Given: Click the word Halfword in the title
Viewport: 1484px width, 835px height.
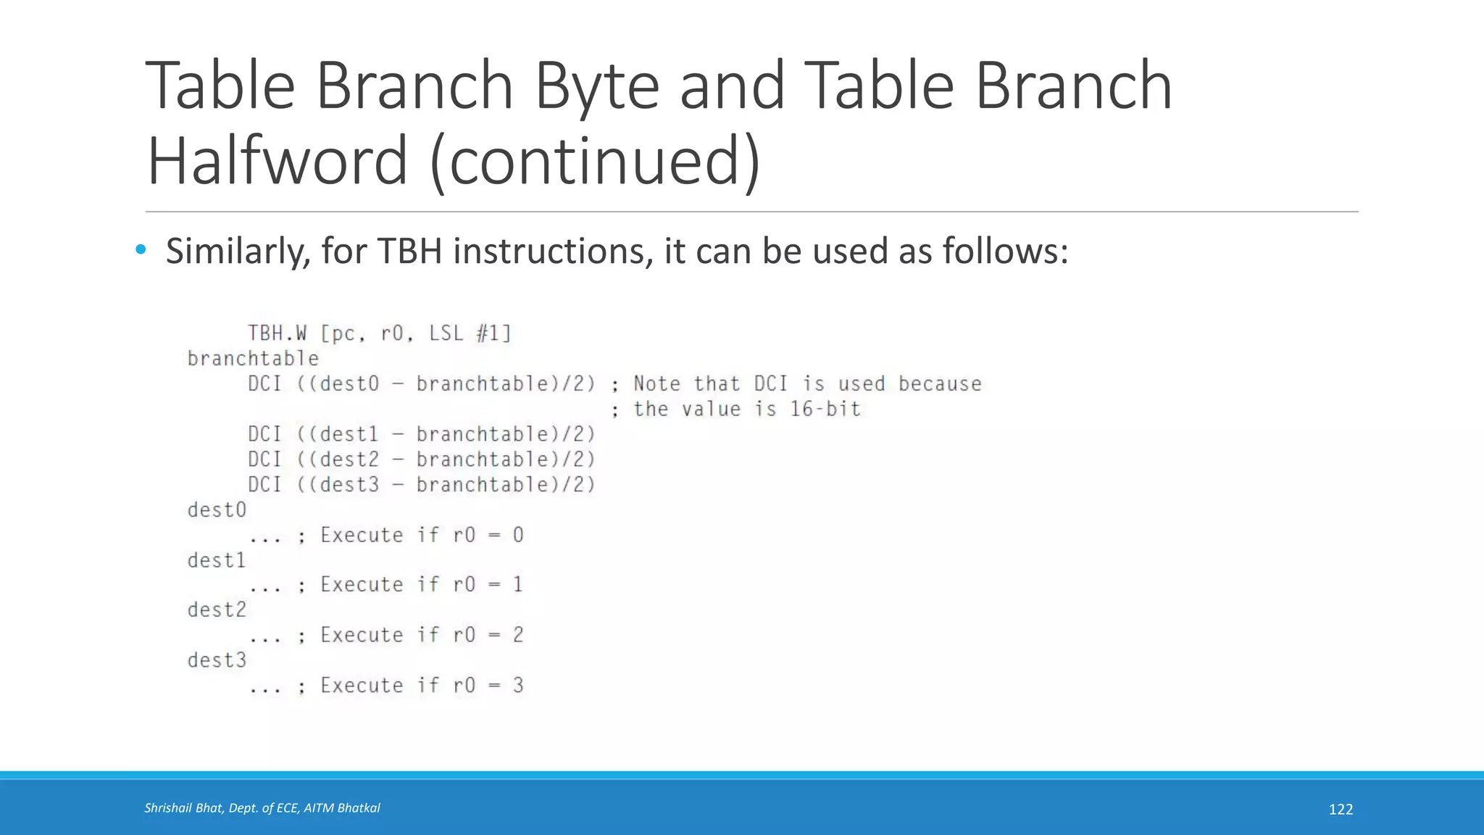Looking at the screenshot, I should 277,161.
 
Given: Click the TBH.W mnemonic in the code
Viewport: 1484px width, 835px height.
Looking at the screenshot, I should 277,333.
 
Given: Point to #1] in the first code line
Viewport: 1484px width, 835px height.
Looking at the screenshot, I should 494,333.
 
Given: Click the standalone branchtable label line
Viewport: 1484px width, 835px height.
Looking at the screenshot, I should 253,359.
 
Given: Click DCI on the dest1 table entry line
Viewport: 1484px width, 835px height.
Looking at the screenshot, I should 264,434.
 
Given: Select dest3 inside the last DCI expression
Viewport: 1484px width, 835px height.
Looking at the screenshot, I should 349,485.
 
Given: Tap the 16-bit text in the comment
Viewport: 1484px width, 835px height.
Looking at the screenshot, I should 825,410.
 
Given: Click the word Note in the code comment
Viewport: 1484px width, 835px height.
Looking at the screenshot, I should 656,384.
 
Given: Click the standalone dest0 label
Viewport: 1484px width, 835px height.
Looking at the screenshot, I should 217,510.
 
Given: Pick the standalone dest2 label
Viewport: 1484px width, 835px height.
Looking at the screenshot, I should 217,610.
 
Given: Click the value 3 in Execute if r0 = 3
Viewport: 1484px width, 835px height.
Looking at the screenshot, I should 518,686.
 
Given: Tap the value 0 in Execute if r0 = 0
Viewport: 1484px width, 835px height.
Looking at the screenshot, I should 518,536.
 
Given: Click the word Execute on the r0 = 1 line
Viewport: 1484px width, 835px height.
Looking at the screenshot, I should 362,585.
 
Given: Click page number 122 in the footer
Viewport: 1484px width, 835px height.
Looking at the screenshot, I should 1341,810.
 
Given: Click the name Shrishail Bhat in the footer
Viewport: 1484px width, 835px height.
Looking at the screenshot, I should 183,808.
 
